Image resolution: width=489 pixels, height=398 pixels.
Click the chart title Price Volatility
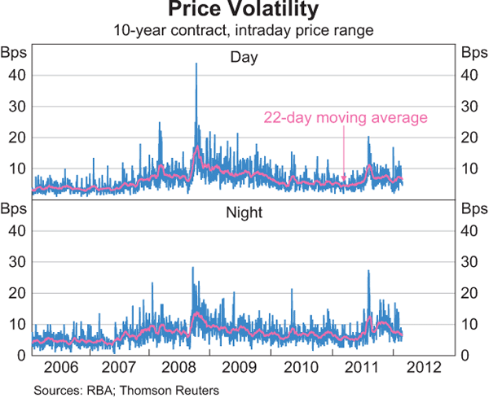coord(244,11)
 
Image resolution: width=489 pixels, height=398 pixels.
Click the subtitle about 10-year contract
coord(244,31)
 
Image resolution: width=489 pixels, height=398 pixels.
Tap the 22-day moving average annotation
coord(346,118)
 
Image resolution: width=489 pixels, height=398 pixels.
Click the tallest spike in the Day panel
coord(196,64)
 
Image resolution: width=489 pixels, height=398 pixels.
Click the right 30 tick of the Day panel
coord(469,106)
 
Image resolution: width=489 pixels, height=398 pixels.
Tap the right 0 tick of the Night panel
coord(466,355)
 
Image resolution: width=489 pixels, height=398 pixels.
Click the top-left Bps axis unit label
coord(16,54)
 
